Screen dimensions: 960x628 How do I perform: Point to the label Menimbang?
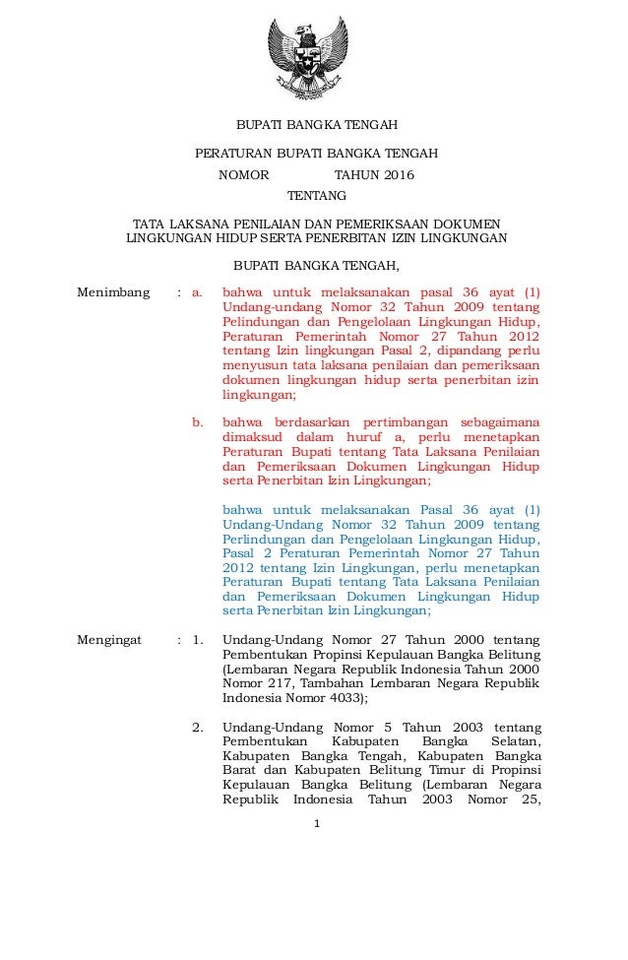click(113, 292)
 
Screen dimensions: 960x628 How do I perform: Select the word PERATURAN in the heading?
click(232, 155)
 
